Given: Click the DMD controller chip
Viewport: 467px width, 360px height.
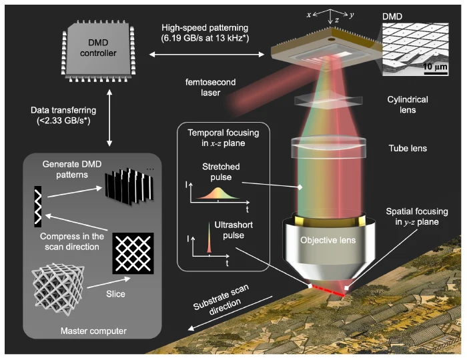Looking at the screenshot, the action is pyautogui.click(x=98, y=51).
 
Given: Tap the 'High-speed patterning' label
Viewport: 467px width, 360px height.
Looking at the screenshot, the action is pyautogui.click(x=205, y=28).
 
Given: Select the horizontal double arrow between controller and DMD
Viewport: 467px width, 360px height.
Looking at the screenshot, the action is pyautogui.click(x=207, y=54).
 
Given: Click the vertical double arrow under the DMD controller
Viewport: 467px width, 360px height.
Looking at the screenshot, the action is pyautogui.click(x=109, y=118).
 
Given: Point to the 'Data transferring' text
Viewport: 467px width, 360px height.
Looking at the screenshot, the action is pyautogui.click(x=63, y=110).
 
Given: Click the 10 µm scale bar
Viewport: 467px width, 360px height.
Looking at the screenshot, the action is pyautogui.click(x=436, y=73).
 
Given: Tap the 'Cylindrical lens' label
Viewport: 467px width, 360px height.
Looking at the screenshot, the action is pyautogui.click(x=408, y=105).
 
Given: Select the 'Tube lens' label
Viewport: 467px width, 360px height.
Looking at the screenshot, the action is pyautogui.click(x=408, y=148).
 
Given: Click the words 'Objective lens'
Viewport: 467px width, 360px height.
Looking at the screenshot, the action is pyautogui.click(x=328, y=240).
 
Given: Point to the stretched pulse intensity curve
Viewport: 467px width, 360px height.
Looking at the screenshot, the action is pyautogui.click(x=218, y=194).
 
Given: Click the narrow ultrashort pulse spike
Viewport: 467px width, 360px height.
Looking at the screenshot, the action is pyautogui.click(x=209, y=238).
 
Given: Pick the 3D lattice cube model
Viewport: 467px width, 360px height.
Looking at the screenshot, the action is pyautogui.click(x=58, y=289).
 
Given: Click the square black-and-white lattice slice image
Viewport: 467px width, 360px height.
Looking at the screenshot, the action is pyautogui.click(x=133, y=253).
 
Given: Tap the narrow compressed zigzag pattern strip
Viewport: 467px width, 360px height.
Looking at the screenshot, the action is pyautogui.click(x=38, y=207).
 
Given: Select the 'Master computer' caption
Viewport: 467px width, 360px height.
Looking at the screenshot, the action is pyautogui.click(x=93, y=331).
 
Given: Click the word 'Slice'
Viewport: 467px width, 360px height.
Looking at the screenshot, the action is pyautogui.click(x=115, y=294).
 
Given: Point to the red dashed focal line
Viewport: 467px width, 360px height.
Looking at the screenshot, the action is pyautogui.click(x=328, y=291).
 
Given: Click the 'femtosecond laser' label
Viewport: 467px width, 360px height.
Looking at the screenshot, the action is pyautogui.click(x=211, y=87).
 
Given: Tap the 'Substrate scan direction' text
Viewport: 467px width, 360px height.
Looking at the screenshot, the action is pyautogui.click(x=221, y=299).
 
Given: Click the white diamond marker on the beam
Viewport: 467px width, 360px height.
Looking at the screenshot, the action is pyautogui.click(x=300, y=187).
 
